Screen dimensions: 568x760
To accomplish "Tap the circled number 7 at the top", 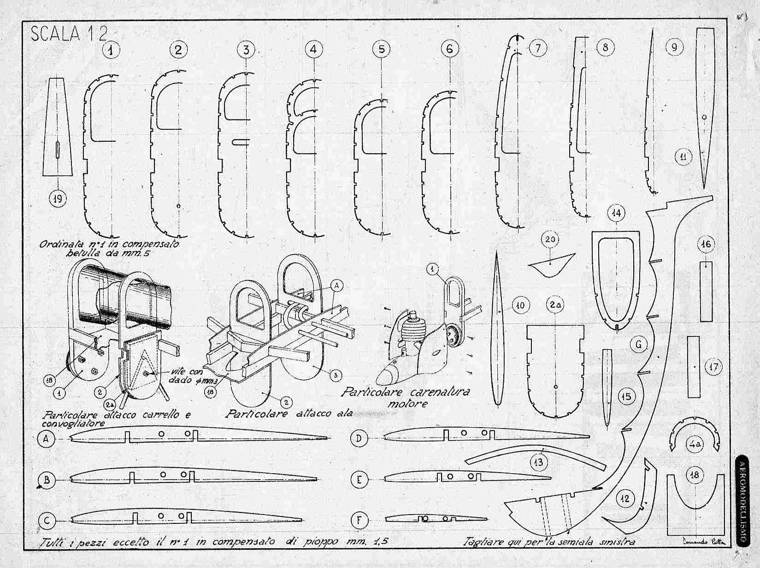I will pyautogui.click(x=538, y=48).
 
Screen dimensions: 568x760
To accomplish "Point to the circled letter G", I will pyautogui.click(x=638, y=343).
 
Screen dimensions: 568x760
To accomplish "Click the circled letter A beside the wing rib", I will pyautogui.click(x=46, y=439).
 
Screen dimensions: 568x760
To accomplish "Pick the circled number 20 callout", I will pyautogui.click(x=552, y=239).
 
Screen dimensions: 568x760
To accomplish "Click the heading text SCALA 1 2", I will pyautogui.click(x=70, y=34).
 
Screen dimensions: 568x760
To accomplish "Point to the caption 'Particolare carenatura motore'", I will pyautogui.click(x=405, y=397).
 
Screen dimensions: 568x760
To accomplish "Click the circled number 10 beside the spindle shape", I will pyautogui.click(x=520, y=305).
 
